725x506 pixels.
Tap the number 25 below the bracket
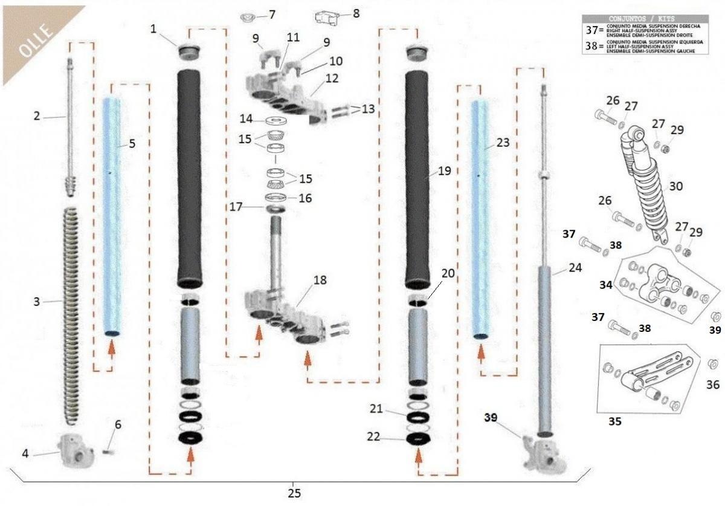(294, 492)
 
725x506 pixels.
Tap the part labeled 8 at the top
(327, 18)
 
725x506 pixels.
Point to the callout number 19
(444, 171)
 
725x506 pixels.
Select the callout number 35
(614, 421)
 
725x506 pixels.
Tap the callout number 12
(332, 79)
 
